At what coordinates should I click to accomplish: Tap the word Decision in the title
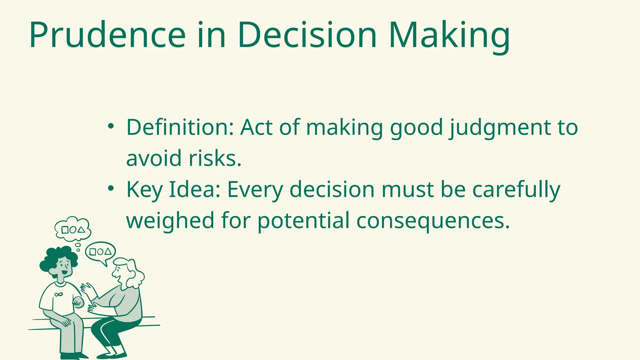coord(307,35)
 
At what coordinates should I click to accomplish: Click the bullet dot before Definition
coord(110,126)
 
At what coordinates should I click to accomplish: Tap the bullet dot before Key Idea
coord(110,189)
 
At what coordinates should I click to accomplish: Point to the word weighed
coord(170,220)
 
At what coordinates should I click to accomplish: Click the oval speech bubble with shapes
coord(100,252)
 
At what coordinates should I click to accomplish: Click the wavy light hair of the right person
coord(134,273)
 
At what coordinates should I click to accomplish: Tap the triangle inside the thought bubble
coord(81,230)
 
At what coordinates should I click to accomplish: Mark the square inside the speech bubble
coord(92,252)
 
